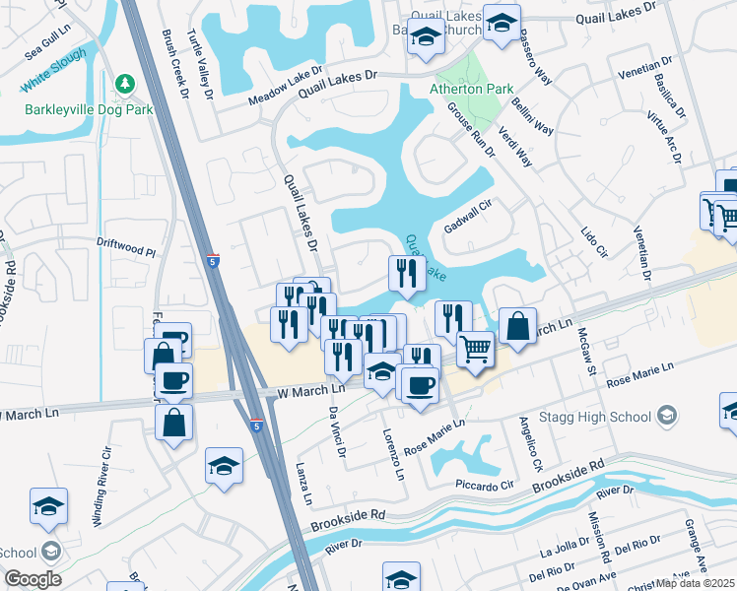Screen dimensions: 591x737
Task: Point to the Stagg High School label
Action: [x=602, y=416]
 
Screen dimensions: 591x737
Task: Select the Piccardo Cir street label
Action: [x=486, y=486]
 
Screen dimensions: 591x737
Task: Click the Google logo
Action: [x=33, y=578]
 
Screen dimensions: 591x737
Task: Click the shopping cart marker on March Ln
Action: [x=476, y=348]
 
